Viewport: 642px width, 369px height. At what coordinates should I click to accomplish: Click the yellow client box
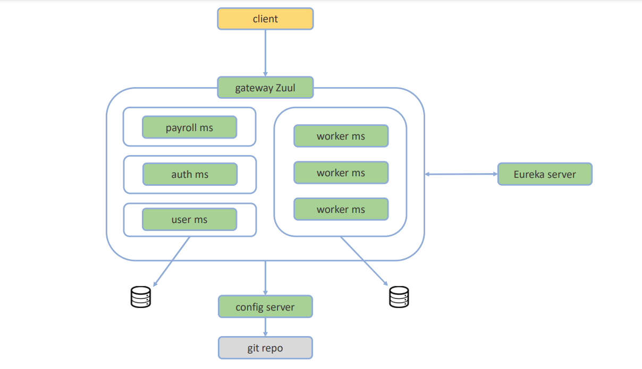tap(265, 19)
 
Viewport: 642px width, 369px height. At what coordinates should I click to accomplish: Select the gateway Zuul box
tap(265, 88)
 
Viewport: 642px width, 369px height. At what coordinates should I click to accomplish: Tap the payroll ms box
tap(189, 128)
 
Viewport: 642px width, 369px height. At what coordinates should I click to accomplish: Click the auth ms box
tap(190, 174)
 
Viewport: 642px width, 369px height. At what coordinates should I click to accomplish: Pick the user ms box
tap(189, 219)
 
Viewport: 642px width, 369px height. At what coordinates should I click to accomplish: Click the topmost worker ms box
tap(341, 136)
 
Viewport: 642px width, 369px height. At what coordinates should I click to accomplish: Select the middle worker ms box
tap(341, 173)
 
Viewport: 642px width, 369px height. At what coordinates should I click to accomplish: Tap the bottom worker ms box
tap(341, 209)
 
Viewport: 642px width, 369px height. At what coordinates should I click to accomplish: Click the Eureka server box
tap(545, 174)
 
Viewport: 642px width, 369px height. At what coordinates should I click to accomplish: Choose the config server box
tap(265, 307)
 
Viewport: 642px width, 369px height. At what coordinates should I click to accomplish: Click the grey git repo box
tap(265, 348)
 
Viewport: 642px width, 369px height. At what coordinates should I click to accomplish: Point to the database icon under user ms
tap(141, 297)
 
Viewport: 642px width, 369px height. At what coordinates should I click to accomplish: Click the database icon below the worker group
tap(399, 297)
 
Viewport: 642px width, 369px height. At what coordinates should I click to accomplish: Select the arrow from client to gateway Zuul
tap(265, 53)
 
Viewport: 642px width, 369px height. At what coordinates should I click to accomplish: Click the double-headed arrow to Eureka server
tap(461, 174)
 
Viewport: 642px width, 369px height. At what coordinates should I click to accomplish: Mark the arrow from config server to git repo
tap(265, 327)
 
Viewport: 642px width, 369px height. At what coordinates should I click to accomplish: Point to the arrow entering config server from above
tap(265, 278)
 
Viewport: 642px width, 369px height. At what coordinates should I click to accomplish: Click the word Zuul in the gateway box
tap(285, 88)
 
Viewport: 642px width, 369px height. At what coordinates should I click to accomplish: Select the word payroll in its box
tap(181, 128)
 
